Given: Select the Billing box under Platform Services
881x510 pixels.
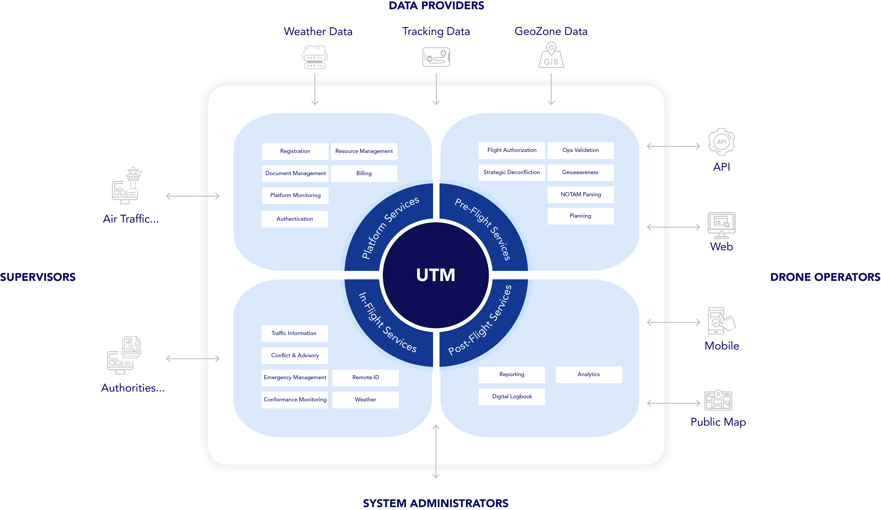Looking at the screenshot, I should point(364,173).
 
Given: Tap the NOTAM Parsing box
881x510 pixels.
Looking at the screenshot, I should point(580,195).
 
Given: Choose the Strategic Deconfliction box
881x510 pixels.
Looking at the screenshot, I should point(511,172).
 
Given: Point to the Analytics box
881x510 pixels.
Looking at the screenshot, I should point(589,374).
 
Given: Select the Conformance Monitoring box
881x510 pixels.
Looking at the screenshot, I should point(295,400).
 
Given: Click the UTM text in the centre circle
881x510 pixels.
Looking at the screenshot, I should point(436,275).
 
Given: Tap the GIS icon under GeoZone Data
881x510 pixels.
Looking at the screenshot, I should point(551,56).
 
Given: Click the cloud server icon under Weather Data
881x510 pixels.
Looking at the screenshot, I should point(315,57).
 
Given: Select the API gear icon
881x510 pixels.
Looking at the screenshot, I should point(721,142).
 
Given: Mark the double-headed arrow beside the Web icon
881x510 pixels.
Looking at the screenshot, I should point(673,227).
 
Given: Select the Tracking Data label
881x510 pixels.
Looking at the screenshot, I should point(436,31).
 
